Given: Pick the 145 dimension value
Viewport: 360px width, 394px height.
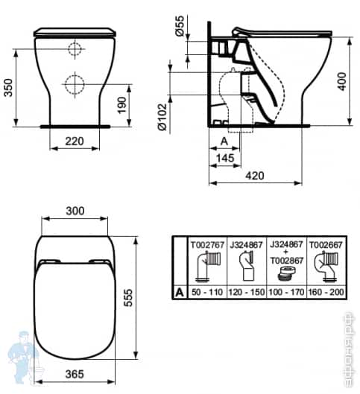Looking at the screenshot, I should tap(225, 158).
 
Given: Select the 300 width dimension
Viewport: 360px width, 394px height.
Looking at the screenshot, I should tap(74, 212).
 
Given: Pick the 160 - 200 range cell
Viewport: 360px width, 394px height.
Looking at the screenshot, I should tap(327, 291).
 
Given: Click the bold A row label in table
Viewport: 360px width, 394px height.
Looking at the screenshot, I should tap(178, 291).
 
